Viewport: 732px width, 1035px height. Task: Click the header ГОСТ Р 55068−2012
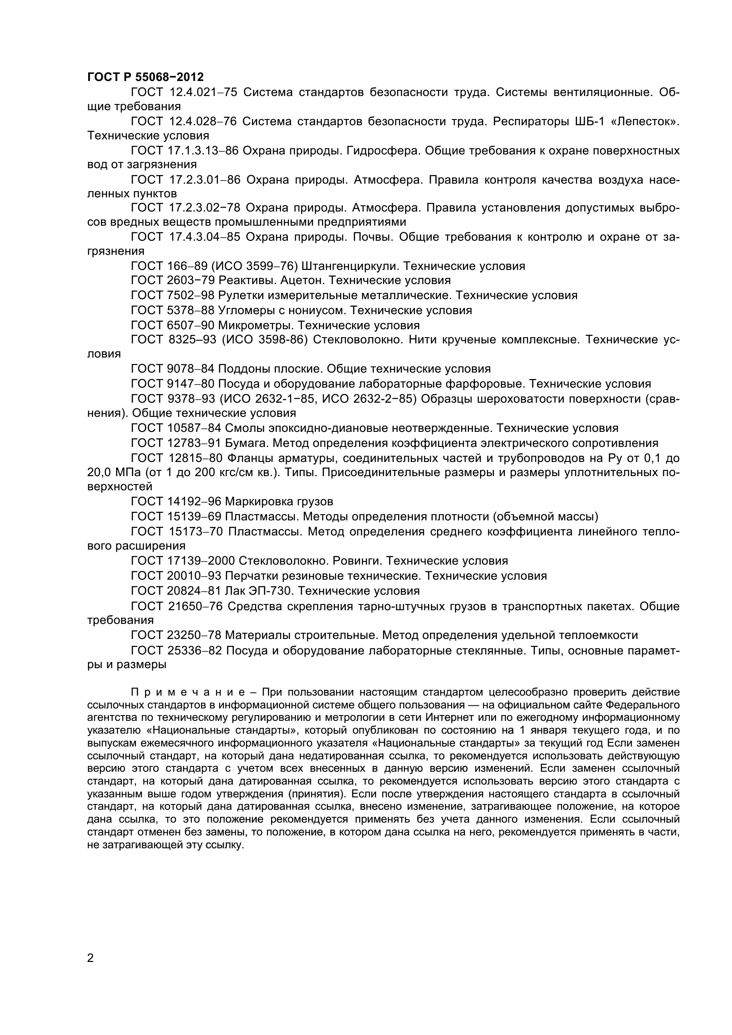tap(145, 77)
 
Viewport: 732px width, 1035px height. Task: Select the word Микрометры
tap(256, 325)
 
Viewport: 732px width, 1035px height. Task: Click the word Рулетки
tap(240, 296)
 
